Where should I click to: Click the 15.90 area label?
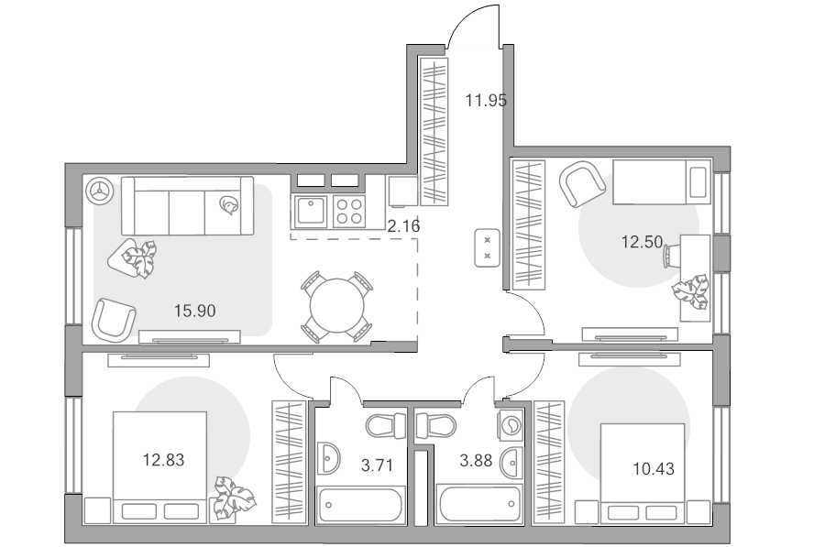tap(194, 311)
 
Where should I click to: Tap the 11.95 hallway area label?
tap(486, 100)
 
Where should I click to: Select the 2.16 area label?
tap(403, 226)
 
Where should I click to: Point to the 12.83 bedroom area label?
tap(164, 460)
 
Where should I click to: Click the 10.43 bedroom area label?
tap(653, 468)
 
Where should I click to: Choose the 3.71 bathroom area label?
tap(377, 465)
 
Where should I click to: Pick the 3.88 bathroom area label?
tap(476, 461)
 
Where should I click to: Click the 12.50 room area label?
tap(642, 242)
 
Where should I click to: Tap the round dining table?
tap(336, 307)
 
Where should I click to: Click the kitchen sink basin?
tap(311, 212)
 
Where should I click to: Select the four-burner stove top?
tap(349, 212)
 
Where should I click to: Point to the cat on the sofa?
tap(229, 204)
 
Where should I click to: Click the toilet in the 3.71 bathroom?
tap(386, 426)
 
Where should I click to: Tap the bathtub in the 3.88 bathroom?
tap(478, 505)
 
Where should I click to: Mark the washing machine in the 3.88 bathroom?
tap(510, 423)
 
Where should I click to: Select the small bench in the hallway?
tap(488, 247)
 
